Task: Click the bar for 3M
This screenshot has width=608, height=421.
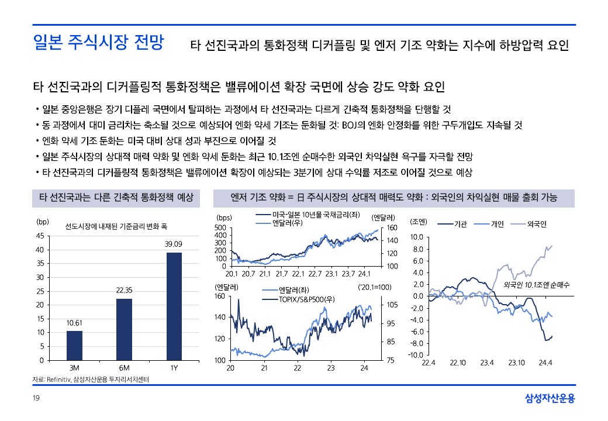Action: click(74, 345)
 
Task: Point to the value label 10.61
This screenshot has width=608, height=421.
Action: click(74, 322)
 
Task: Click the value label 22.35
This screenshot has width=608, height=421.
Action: click(124, 290)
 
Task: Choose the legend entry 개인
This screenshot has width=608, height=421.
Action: click(496, 224)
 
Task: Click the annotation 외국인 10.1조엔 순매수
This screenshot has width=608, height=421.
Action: click(536, 285)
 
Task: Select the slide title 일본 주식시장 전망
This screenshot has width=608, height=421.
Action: click(98, 43)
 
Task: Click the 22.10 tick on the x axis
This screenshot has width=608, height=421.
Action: click(458, 363)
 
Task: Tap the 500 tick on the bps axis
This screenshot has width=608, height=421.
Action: click(220, 227)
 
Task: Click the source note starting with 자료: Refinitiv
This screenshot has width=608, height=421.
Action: click(91, 379)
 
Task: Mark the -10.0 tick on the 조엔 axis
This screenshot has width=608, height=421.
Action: click(415, 355)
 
